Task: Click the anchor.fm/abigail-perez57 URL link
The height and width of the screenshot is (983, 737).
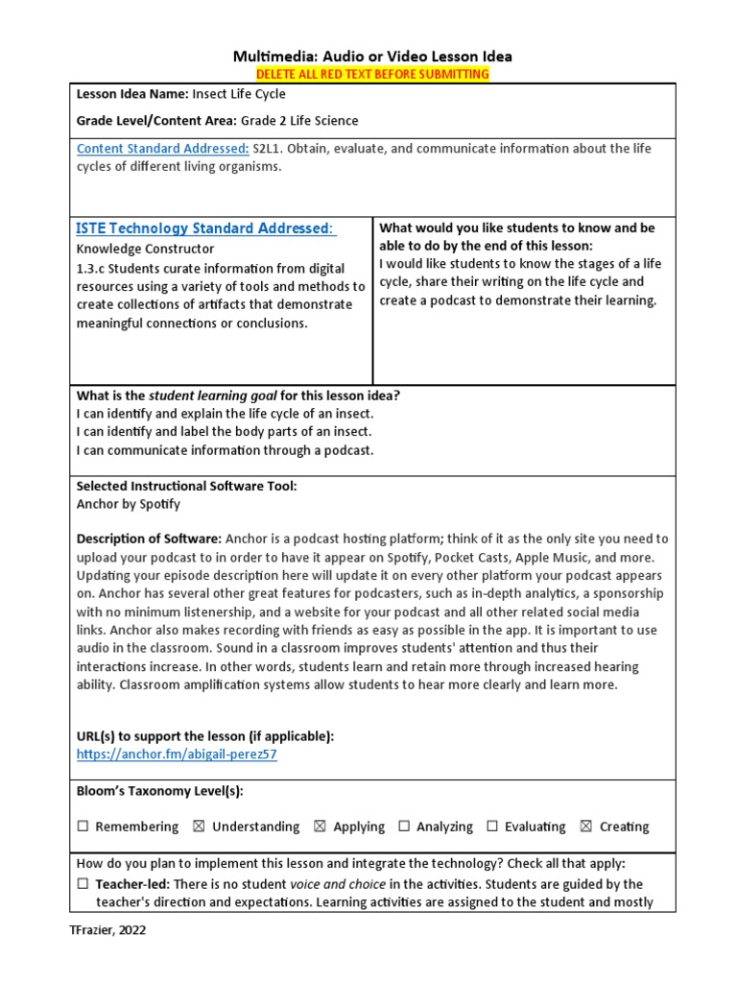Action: [177, 755]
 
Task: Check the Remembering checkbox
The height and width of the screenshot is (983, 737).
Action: [83, 827]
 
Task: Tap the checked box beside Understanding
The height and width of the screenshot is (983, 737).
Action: [199, 827]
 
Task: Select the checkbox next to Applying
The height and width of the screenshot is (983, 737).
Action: [320, 827]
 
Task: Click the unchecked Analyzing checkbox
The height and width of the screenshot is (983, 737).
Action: [404, 827]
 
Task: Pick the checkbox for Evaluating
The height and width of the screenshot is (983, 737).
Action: [492, 827]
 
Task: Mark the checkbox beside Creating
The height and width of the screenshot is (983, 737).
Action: [586, 827]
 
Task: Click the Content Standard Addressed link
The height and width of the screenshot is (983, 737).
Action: [162, 149]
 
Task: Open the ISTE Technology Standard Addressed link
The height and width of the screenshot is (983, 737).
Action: [205, 228]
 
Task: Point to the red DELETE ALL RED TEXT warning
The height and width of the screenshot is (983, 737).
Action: [371, 74]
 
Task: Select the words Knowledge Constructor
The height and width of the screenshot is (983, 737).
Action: [145, 249]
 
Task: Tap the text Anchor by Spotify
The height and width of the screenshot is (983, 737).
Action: [128, 504]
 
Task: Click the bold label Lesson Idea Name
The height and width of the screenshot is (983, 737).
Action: [131, 95]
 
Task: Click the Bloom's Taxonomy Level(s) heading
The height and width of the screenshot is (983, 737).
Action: [159, 791]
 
